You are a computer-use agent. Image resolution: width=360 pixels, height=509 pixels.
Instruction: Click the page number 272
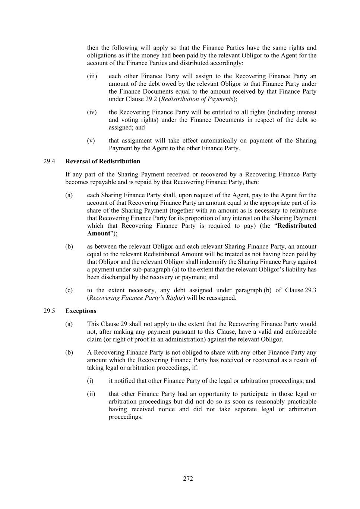coord(188,479)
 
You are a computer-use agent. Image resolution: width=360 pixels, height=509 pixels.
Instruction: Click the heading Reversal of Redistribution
coord(102,161)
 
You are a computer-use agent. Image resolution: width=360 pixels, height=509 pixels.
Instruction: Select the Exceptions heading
coord(80,311)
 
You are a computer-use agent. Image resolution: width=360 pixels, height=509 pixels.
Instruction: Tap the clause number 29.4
coord(49,161)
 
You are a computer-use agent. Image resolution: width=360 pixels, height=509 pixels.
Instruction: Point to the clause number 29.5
coord(49,311)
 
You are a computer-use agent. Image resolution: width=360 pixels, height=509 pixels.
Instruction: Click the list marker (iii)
coord(92,76)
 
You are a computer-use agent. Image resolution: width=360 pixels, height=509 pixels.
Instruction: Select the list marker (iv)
coord(92,112)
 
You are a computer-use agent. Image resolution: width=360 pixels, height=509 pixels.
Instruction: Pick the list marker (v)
coord(91,141)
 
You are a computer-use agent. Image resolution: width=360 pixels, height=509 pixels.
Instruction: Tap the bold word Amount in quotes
coord(99,233)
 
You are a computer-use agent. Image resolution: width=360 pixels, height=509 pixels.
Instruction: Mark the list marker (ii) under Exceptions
coord(91,394)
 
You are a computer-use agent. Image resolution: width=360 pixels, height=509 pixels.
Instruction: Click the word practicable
coord(299,402)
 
